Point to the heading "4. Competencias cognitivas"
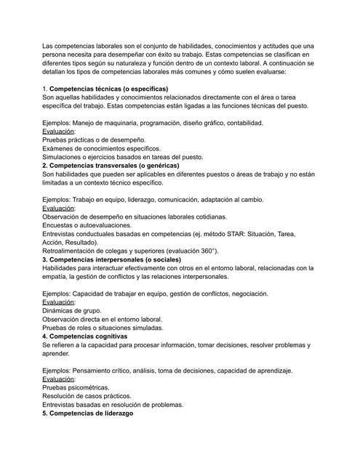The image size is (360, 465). point(85,336)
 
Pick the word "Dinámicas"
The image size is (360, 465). point(59,311)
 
